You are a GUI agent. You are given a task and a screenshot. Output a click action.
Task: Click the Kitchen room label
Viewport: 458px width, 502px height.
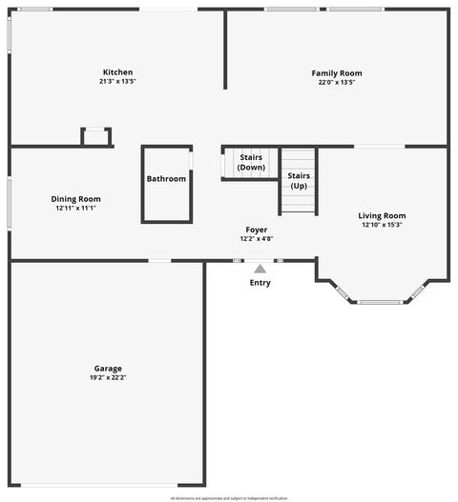pyautogui.click(x=118, y=72)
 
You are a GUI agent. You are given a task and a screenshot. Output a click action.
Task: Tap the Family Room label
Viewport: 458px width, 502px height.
pyautogui.click(x=337, y=73)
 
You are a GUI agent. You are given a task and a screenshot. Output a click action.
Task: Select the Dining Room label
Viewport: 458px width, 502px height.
pyautogui.click(x=76, y=199)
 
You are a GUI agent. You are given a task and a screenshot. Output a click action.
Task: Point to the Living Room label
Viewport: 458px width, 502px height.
pyautogui.click(x=382, y=216)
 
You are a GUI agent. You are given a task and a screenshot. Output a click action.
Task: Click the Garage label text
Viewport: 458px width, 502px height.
pyautogui.click(x=108, y=369)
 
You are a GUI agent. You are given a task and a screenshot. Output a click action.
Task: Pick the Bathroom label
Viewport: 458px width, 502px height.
pyautogui.click(x=166, y=179)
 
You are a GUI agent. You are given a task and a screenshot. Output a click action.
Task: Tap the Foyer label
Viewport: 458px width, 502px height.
pyautogui.click(x=256, y=231)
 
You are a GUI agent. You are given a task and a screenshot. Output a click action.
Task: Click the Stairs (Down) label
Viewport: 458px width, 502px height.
pyautogui.click(x=251, y=162)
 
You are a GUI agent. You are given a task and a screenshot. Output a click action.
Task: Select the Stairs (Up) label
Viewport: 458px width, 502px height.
pyautogui.click(x=299, y=181)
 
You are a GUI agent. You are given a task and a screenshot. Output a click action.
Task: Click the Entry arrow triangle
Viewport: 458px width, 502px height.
pyautogui.click(x=260, y=270)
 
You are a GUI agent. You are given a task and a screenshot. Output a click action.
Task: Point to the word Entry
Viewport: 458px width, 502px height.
pyautogui.click(x=260, y=283)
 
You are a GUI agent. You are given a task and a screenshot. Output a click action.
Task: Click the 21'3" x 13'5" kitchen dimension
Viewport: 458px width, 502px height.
pyautogui.click(x=118, y=82)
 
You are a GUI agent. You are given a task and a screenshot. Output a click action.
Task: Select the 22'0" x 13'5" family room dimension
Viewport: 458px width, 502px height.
pyautogui.click(x=337, y=82)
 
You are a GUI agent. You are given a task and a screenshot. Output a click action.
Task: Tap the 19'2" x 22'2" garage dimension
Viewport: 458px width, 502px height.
pyautogui.click(x=108, y=377)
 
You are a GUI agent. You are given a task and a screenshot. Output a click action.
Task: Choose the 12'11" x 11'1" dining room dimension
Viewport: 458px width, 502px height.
pyautogui.click(x=76, y=208)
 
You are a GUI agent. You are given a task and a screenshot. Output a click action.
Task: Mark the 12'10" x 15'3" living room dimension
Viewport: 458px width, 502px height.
pyautogui.click(x=382, y=225)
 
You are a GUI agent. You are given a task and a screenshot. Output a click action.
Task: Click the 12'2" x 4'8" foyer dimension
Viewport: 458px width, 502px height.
pyautogui.click(x=256, y=239)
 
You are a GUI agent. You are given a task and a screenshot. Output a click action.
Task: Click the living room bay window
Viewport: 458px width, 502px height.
pyautogui.click(x=381, y=302)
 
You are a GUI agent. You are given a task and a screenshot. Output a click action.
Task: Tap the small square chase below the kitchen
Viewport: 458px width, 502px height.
pyautogui.click(x=96, y=137)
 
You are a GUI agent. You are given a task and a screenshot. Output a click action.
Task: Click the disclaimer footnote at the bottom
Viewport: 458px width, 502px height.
pyautogui.click(x=229, y=497)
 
